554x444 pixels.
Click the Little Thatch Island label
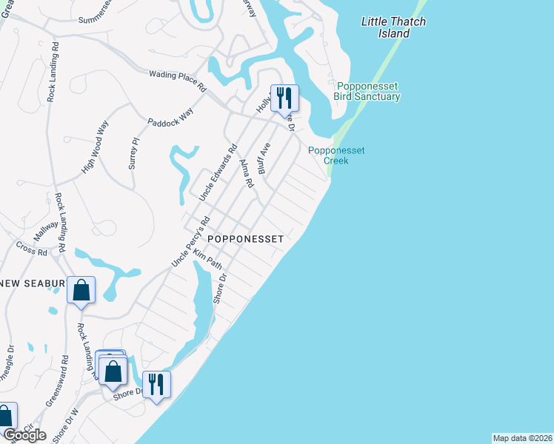(x=393, y=27)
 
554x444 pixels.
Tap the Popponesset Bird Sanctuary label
(x=367, y=91)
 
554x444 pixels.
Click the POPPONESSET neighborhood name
(x=245, y=239)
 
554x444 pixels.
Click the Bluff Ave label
(x=264, y=157)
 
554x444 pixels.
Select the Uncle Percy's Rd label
(x=191, y=241)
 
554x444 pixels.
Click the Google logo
(x=24, y=435)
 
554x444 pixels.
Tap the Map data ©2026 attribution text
(x=522, y=437)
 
